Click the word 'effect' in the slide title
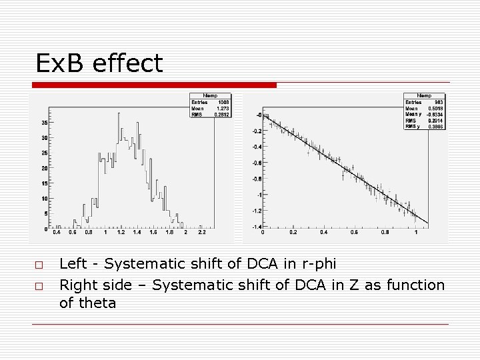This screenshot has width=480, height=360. pyautogui.click(x=127, y=63)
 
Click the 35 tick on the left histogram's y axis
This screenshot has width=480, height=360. pyautogui.click(x=43, y=123)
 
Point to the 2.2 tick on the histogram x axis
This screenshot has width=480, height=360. pyautogui.click(x=201, y=233)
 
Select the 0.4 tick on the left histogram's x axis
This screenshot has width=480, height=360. pyautogui.click(x=57, y=233)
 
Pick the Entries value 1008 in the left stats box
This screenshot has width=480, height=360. pyautogui.click(x=223, y=103)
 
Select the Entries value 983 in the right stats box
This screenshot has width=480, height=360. pyautogui.click(x=439, y=103)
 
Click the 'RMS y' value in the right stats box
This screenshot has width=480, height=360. pyautogui.click(x=436, y=125)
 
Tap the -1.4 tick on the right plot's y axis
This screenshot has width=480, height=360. pyautogui.click(x=255, y=227)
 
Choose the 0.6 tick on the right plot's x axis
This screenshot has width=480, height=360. pyautogui.click(x=354, y=233)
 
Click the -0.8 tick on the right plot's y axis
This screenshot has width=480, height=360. pyautogui.click(x=255, y=179)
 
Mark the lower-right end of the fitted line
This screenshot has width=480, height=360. pyautogui.click(x=427, y=222)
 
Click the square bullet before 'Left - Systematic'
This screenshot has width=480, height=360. pyautogui.click(x=40, y=266)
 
